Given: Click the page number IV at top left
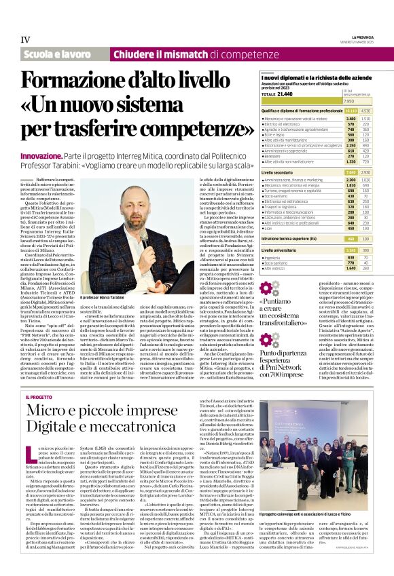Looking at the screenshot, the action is click(x=26, y=39).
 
